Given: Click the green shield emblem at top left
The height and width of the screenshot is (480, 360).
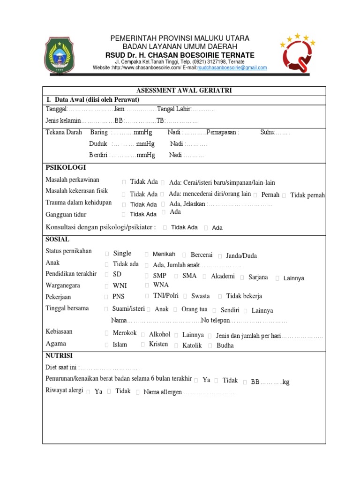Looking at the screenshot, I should click(59, 55).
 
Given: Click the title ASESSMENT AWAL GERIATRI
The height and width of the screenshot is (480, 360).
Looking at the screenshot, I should click(184, 90).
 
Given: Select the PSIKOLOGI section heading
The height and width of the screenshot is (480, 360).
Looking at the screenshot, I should click(66, 168).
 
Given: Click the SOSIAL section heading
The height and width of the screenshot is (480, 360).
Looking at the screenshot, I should click(57, 239).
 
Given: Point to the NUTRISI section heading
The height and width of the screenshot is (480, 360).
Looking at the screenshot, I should click(59, 356).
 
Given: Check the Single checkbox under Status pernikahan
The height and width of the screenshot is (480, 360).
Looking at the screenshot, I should click(107, 254).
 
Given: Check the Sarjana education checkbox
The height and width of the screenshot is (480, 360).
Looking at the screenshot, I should click(242, 277).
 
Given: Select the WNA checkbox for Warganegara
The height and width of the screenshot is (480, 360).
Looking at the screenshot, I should click(147, 285).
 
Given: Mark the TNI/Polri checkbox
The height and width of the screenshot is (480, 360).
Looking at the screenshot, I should click(147, 296).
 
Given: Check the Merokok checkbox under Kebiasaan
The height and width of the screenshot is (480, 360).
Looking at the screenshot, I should click(107, 333).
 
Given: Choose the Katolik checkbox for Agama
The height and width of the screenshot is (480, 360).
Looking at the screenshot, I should click(176, 346).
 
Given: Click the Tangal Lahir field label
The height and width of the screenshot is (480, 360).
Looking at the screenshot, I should click(173, 109).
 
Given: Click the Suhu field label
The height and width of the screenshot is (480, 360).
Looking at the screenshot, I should click(267, 133).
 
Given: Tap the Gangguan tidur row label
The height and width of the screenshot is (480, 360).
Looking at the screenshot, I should click(66, 214).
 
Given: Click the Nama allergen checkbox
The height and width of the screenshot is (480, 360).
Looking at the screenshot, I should click(137, 392).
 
